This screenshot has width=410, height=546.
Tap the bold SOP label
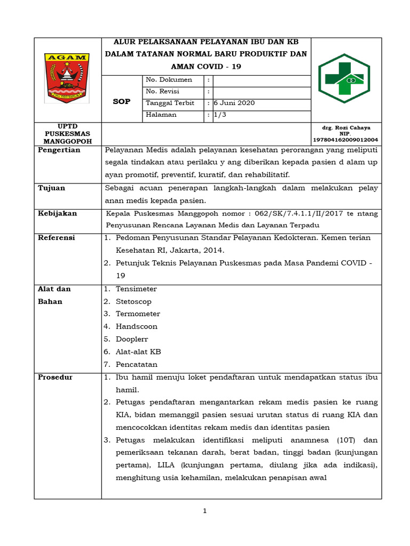[x=121, y=101]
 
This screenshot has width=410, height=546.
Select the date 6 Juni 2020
[x=234, y=103]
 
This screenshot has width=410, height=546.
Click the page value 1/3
[x=219, y=115]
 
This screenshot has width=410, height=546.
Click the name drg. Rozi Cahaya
[x=346, y=128]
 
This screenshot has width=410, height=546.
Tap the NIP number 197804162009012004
[x=346, y=140]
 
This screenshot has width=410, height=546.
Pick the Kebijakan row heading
[x=57, y=213]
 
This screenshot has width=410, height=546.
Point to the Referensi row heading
[x=56, y=237]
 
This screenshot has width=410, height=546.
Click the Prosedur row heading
[x=55, y=377]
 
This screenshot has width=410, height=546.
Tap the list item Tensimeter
[x=136, y=289]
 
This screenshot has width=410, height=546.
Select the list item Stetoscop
[x=134, y=301]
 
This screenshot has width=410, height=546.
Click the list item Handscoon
[x=136, y=326]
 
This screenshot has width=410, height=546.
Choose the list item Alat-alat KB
[x=138, y=351]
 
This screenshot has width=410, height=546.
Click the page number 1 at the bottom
[x=205, y=511]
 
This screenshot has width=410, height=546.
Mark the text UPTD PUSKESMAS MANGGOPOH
[x=67, y=134]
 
